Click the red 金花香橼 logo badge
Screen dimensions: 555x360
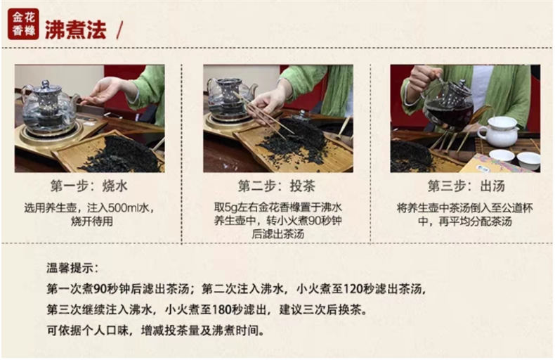coord(23,24)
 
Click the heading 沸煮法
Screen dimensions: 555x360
coord(76,30)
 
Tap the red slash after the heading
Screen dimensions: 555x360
coord(119,30)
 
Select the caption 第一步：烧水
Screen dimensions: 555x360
coord(89,186)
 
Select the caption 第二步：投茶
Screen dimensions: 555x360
coord(276,186)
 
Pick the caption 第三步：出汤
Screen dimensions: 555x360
coord(466,186)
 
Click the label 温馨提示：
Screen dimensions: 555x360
coord(72,268)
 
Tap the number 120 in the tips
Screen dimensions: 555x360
coord(353,289)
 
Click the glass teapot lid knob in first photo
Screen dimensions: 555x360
coord(46,85)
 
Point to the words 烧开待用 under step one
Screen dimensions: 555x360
coord(92,221)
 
